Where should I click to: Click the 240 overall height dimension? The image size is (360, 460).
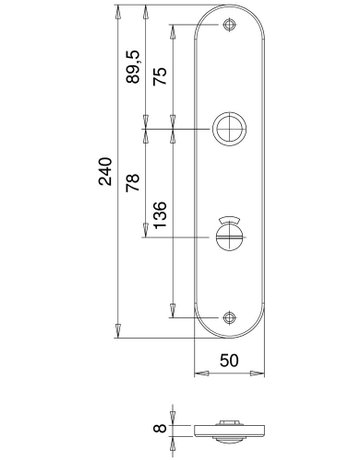point(105,171)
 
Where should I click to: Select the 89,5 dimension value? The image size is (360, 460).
point(132,67)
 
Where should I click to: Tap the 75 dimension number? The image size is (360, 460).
point(160,76)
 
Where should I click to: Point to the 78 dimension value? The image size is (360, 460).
point(132,182)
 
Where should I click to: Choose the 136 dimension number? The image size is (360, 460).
point(160,215)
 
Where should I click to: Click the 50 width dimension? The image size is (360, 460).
point(229,360)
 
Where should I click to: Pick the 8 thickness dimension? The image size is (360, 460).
point(160,428)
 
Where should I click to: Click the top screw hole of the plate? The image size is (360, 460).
point(229,25)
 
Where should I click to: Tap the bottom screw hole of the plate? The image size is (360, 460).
point(229,318)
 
